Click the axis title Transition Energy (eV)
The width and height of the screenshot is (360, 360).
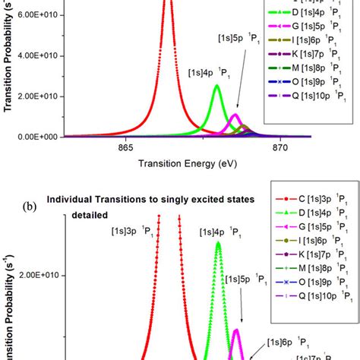(x=173, y=163)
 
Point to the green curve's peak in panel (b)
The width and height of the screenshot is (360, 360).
(x=219, y=243)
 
